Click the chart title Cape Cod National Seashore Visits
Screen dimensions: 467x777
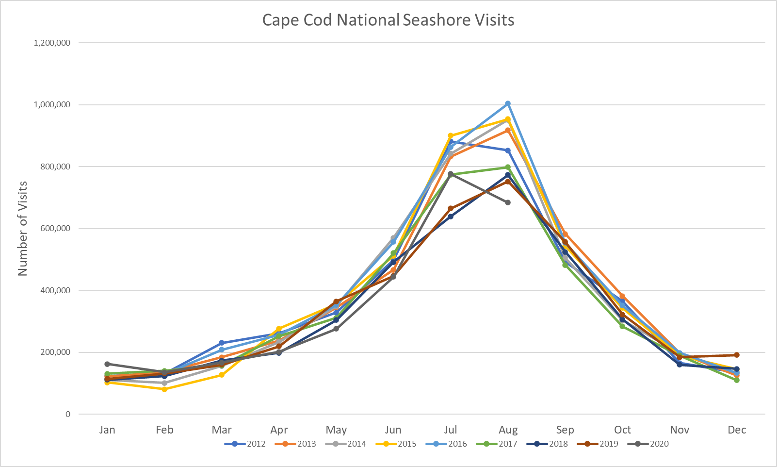388,20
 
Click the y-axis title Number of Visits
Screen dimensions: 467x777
23,229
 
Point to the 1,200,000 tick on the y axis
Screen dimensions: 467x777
52,43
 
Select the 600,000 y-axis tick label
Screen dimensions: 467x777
55,229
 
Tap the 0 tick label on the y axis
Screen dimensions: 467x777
68,415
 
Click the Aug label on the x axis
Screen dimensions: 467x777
508,430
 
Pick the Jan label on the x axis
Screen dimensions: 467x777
107,430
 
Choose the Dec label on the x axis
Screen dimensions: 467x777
737,430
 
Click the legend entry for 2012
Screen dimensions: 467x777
245,444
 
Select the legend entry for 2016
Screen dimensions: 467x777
447,444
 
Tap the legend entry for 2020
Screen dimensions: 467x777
648,444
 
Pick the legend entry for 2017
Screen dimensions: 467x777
497,444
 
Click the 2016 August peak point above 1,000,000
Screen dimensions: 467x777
508,103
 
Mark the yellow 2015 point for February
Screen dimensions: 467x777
164,389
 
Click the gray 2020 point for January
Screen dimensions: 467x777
107,364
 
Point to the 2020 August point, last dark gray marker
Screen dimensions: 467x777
508,202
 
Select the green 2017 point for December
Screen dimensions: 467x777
737,380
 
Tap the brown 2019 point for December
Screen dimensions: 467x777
737,355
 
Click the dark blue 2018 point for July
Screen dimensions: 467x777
451,217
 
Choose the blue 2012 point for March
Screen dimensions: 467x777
222,343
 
